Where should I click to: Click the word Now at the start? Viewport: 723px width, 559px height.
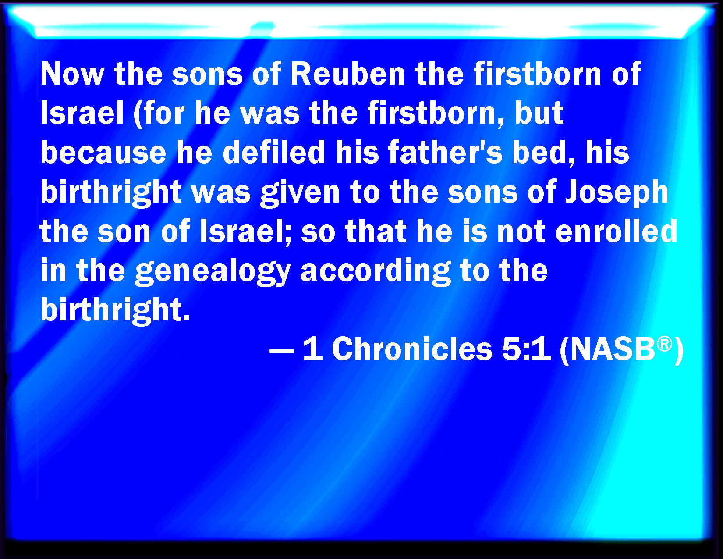tap(72, 74)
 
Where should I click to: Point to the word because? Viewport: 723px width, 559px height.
tap(103, 152)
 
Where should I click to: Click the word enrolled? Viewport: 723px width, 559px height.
tap(616, 231)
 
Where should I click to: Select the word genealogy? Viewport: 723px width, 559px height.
tap(213, 271)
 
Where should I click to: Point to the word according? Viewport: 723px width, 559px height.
tap(376, 271)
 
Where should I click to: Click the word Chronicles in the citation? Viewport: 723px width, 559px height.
tap(412, 349)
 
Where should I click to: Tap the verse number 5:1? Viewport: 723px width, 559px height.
tap(526, 349)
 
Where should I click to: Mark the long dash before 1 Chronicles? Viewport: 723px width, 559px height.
tap(282, 351)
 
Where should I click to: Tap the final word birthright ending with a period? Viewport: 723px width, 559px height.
tap(115, 310)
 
